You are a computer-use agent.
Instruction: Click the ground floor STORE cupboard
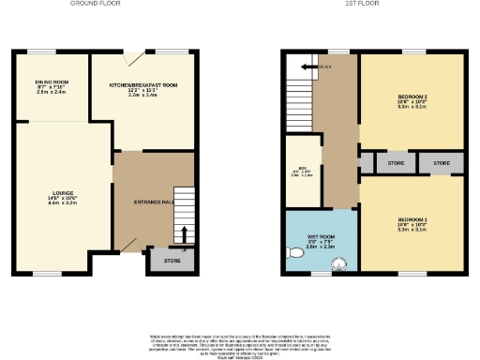(172, 260)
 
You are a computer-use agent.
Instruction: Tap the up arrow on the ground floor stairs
(185, 234)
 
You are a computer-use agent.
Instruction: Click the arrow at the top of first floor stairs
(319, 67)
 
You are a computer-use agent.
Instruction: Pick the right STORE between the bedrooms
(441, 163)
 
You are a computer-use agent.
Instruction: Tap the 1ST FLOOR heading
(373, 4)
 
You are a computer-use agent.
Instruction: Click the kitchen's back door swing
(139, 59)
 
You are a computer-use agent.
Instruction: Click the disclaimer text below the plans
(240, 343)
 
